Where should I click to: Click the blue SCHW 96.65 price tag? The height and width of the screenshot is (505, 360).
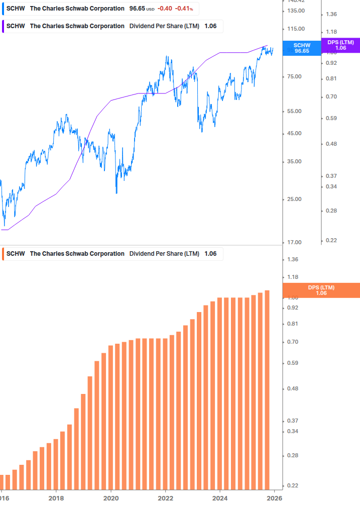point(302,48)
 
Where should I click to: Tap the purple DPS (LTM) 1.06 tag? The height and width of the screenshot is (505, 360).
point(340,45)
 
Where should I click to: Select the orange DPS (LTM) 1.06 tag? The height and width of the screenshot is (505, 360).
point(321,290)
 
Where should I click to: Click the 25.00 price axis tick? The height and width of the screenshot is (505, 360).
point(294,199)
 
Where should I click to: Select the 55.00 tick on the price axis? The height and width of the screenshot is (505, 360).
point(294,111)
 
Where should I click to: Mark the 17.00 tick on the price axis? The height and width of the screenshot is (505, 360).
point(294,243)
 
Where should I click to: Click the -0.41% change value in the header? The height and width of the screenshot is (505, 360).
point(184,9)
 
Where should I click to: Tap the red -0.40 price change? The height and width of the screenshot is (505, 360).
point(165,9)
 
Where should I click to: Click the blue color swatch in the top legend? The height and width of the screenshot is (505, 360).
point(2,9)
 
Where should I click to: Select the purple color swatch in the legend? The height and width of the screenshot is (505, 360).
point(2,26)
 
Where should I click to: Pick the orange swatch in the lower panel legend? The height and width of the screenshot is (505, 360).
point(2,254)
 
